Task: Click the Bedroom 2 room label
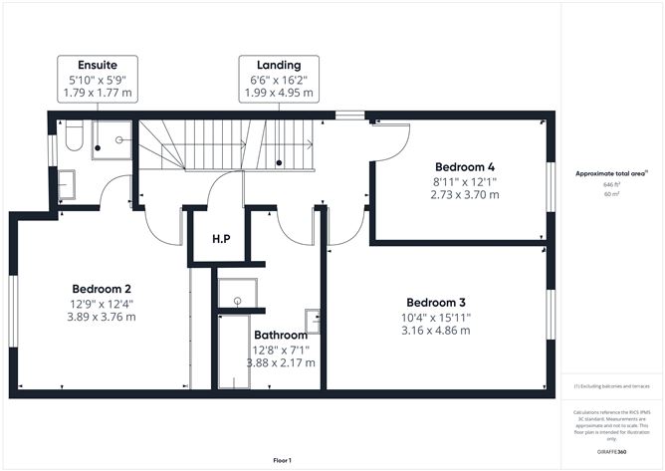102,289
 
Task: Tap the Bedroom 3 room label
436,303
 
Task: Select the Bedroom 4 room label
464,166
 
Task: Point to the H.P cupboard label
221,239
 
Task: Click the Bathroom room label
281,335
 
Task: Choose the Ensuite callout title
98,65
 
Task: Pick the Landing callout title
279,65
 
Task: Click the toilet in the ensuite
75,135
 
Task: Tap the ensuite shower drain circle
119,139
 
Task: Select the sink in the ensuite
66,184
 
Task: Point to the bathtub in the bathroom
234,352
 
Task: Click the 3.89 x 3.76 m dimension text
102,317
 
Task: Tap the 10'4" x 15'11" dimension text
436,318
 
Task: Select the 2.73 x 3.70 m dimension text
465,195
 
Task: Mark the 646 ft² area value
611,184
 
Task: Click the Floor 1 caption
283,460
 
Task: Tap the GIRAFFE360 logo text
611,452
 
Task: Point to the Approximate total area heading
611,173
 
